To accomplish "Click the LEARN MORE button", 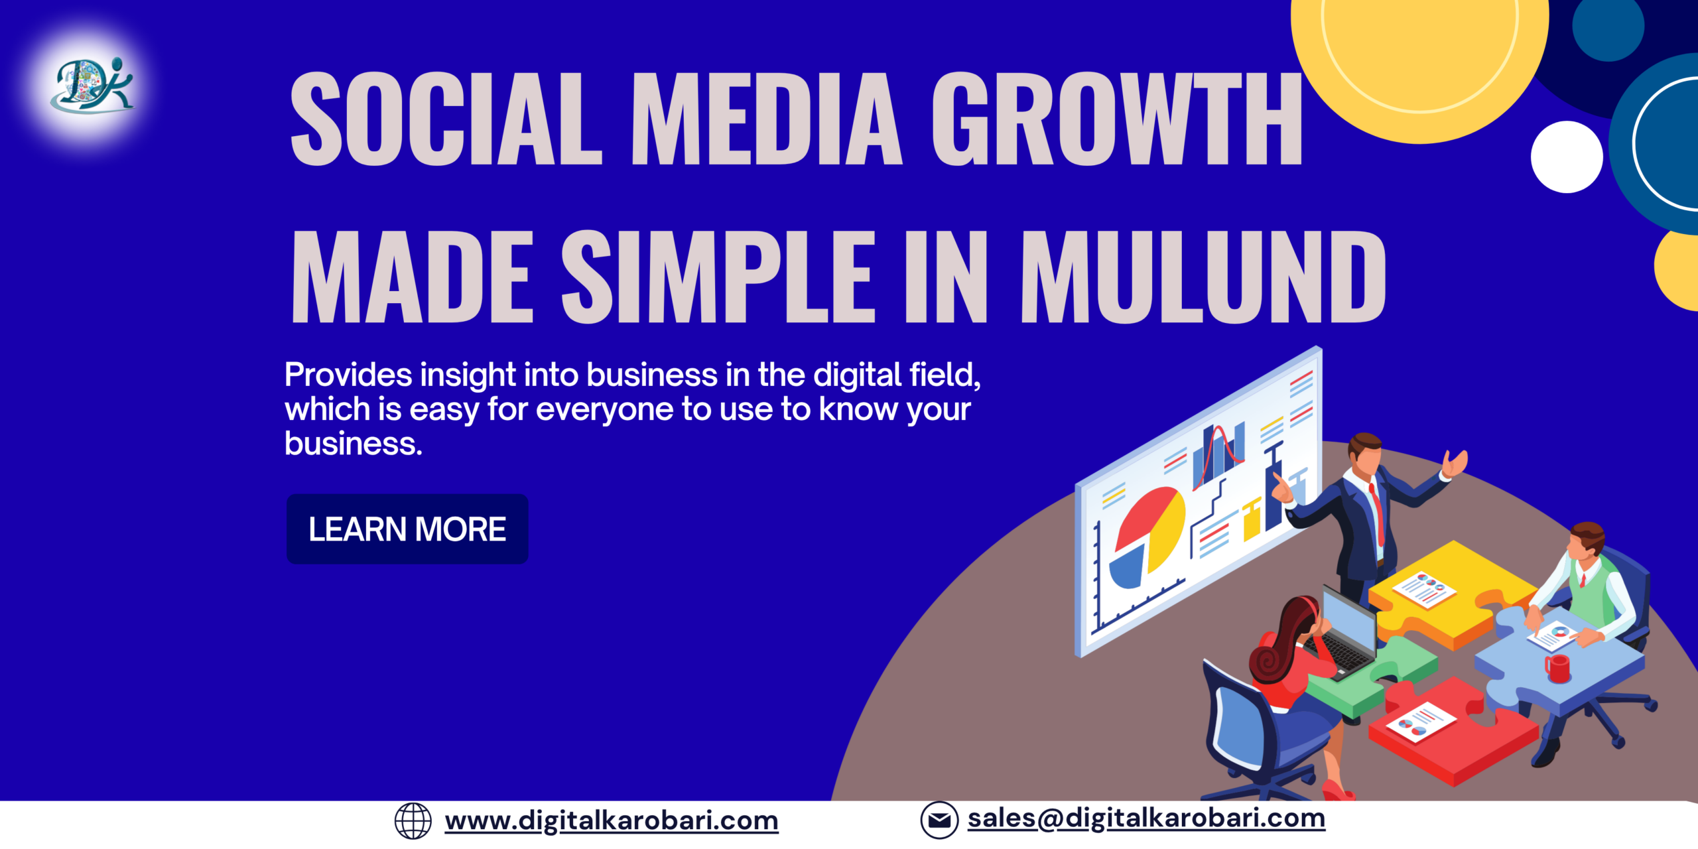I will pos(407,529).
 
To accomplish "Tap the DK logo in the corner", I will pos(92,85).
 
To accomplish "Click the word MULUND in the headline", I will pos(1202,277).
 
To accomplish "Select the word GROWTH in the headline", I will pos(1117,119).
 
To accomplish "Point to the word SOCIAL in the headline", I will pos(446,119).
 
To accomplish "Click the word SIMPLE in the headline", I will pos(718,277).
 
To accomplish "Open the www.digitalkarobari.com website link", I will pos(611,821).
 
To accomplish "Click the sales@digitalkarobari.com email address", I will pos(1146,818).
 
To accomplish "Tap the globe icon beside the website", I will pos(413,821).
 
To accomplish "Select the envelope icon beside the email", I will pos(939,820).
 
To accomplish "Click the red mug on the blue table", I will pos(1557,667).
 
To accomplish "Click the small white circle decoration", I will pos(1567,157).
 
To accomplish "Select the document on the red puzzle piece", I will pos(1421,723).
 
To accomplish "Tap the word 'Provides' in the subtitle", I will pos(348,375).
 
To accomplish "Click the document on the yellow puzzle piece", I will pos(1423,588).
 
